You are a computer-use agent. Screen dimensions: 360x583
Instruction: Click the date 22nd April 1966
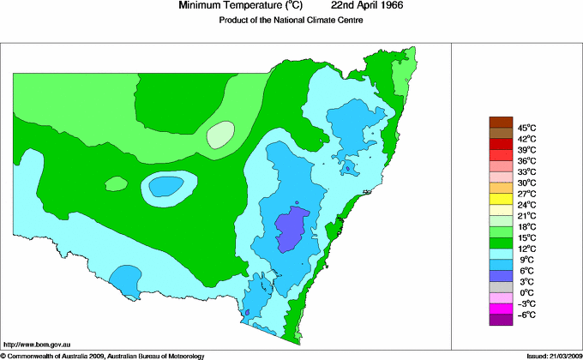pyautogui.click(x=355, y=6)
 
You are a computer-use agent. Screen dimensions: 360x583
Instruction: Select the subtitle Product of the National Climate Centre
pyautogui.click(x=291, y=21)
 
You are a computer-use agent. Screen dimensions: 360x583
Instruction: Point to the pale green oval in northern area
pyautogui.click(x=220, y=134)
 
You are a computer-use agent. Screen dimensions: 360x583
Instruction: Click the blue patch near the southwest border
pyautogui.click(x=126, y=278)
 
